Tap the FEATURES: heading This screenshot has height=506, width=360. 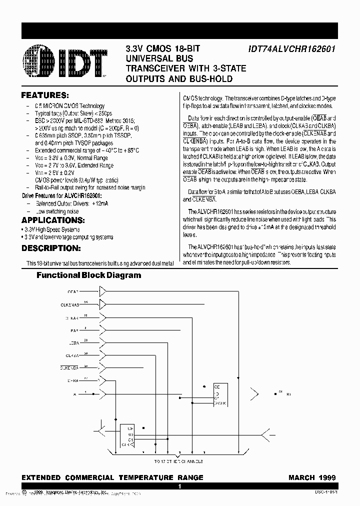(45, 95)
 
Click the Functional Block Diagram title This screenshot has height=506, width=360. (89, 275)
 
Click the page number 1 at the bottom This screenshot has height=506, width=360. (179, 486)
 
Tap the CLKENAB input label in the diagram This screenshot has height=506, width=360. (70, 304)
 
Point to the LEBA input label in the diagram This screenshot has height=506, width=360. (74, 342)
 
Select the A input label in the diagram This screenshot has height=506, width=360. (75, 394)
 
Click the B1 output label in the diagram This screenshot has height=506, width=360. (289, 394)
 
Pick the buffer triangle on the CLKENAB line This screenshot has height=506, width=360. (103, 304)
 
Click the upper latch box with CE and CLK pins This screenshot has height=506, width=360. (220, 395)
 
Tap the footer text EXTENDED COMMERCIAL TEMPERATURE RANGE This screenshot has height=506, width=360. (112, 477)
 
